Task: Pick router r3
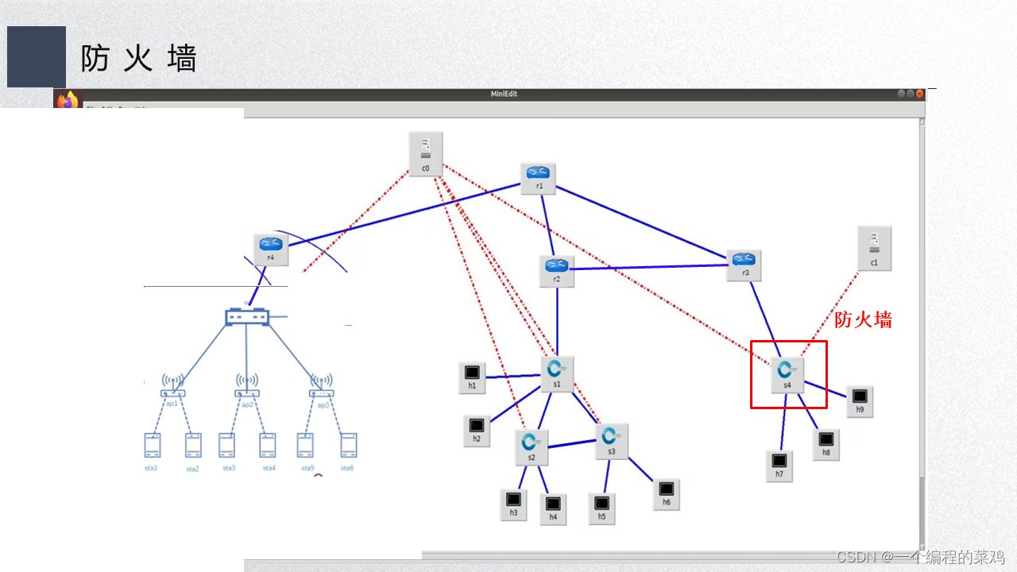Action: coord(744,263)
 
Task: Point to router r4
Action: coord(270,247)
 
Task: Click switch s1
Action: coord(557,372)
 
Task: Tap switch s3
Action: coord(611,439)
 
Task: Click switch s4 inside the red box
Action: coord(787,372)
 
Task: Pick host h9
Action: coord(859,399)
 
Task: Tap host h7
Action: coord(779,464)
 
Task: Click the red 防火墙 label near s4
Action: coord(863,320)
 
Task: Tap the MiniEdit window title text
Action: coord(504,95)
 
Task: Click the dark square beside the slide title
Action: coord(37,56)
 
